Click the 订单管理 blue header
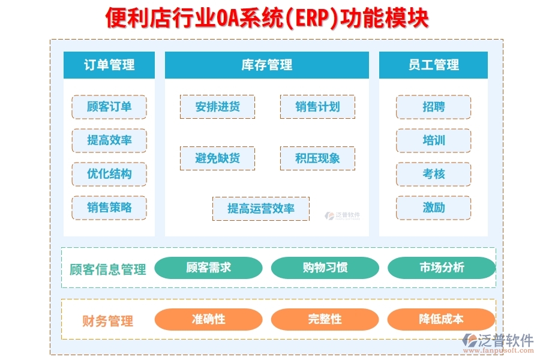tap(109, 65)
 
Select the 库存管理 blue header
tap(267, 65)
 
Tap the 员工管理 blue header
tap(433, 65)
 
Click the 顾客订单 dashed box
tap(109, 107)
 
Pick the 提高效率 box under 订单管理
tap(109, 140)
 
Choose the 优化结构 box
tap(109, 174)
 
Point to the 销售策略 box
tap(109, 208)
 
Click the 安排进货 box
tap(217, 107)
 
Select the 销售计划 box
tap(317, 107)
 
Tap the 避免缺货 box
tap(217, 158)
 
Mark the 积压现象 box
tap(317, 158)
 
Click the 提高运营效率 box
tap(261, 208)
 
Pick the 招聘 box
tap(433, 107)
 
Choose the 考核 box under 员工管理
tap(433, 174)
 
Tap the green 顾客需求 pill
tap(208, 268)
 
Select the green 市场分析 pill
tap(442, 268)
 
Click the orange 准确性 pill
tap(208, 319)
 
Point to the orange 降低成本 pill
tap(442, 319)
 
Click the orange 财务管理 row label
tap(107, 321)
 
